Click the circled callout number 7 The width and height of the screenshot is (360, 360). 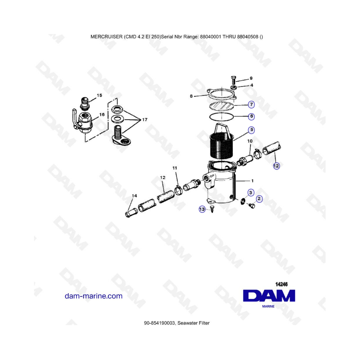[x=252, y=104]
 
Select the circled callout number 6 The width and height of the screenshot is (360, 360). [x=252, y=116]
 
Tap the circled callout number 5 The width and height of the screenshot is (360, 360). [x=252, y=130]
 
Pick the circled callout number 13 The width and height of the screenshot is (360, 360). [x=202, y=209]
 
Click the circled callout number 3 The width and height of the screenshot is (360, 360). [x=251, y=193]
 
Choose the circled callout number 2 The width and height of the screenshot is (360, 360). [x=259, y=199]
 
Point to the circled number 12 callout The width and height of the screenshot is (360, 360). [x=276, y=166]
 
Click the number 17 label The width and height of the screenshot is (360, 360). [x=145, y=120]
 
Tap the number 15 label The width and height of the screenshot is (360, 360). [x=100, y=95]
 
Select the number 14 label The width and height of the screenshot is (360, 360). [x=134, y=196]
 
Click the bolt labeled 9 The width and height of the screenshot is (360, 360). [x=233, y=80]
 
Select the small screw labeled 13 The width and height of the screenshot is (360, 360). [x=212, y=209]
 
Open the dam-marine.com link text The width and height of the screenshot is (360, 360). [x=94, y=296]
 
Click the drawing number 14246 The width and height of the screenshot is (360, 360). [x=282, y=284]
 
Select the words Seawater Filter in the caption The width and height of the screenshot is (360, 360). [x=193, y=323]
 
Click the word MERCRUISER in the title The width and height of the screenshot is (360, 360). [x=106, y=37]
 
